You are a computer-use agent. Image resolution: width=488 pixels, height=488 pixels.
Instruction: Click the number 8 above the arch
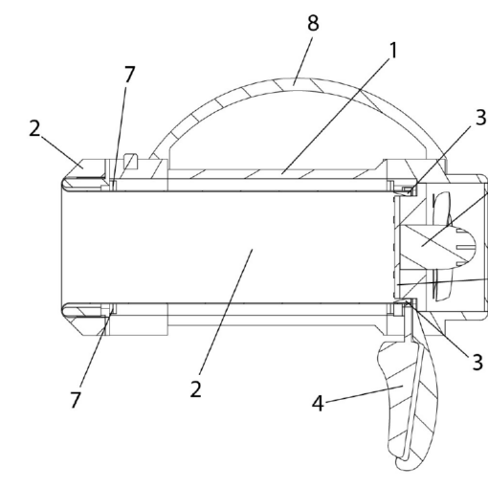pyautogui.click(x=313, y=23)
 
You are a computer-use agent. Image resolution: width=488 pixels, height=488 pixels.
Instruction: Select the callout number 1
pyautogui.click(x=394, y=50)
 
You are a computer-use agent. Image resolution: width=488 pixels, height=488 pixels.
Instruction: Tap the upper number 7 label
pyautogui.click(x=129, y=74)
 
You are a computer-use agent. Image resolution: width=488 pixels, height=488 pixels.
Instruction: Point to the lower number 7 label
pyautogui.click(x=76, y=400)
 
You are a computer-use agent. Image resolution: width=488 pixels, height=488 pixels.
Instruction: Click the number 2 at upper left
pyautogui.click(x=34, y=128)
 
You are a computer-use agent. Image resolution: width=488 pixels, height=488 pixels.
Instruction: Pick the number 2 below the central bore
pyautogui.click(x=195, y=388)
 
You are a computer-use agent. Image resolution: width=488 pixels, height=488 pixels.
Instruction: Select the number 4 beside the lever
pyautogui.click(x=318, y=403)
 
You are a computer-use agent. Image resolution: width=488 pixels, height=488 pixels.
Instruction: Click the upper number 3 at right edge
pyautogui.click(x=480, y=117)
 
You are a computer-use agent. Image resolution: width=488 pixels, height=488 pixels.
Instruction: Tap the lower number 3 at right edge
pyautogui.click(x=477, y=362)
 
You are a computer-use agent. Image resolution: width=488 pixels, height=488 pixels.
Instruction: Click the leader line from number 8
pyautogui.click(x=303, y=61)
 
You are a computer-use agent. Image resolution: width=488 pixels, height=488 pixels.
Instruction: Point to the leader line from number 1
pyautogui.click(x=336, y=116)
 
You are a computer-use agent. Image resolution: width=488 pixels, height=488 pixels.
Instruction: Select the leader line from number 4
pyautogui.click(x=365, y=394)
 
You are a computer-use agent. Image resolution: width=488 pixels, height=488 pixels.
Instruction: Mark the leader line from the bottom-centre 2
pyautogui.click(x=226, y=312)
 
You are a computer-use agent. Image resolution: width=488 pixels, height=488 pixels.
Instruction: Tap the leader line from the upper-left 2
pyautogui.click(x=61, y=151)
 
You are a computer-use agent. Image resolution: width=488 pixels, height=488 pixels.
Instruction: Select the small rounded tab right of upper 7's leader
pyautogui.click(x=131, y=162)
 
